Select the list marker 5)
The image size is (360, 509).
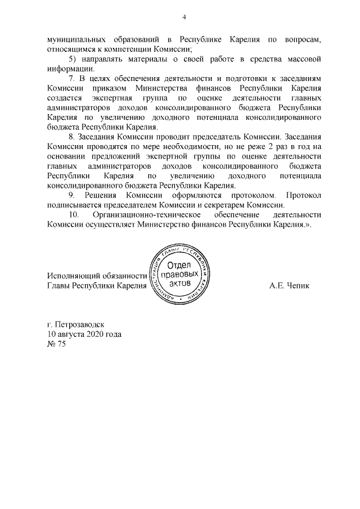point(72,59)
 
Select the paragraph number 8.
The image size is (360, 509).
point(71,137)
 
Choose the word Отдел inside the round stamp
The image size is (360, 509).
point(181,265)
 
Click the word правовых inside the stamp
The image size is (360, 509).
point(180,275)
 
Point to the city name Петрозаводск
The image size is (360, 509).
point(84,325)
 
